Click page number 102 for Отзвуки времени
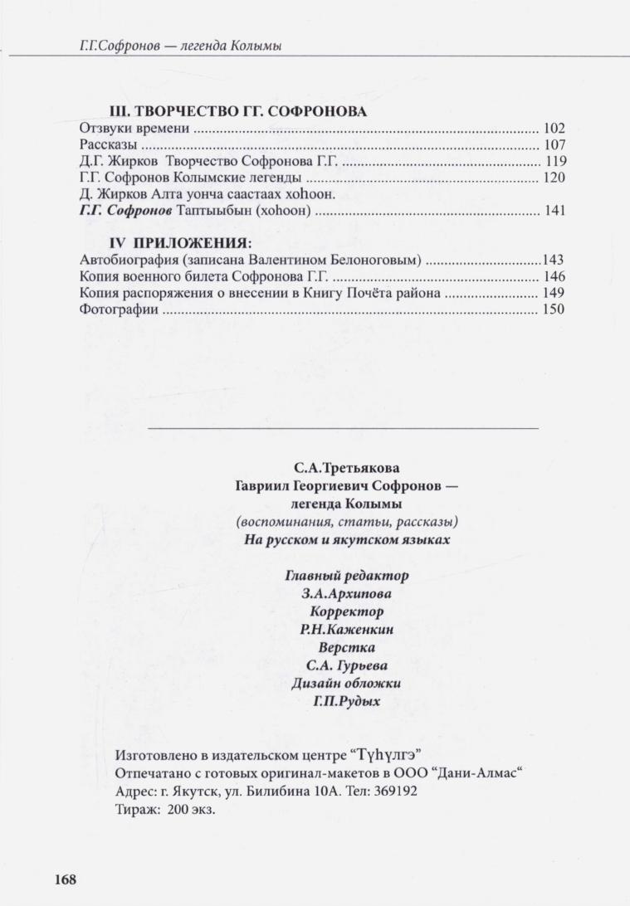(554, 129)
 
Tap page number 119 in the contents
(554, 162)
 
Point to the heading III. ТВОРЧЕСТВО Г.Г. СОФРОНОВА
(238, 111)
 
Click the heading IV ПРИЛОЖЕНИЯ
(180, 243)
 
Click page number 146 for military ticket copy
(554, 276)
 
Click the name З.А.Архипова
(346, 593)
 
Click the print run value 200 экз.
(191, 809)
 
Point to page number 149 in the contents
(554, 293)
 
